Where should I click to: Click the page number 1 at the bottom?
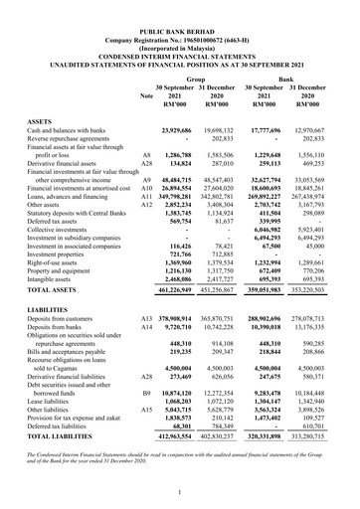click(x=179, y=492)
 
